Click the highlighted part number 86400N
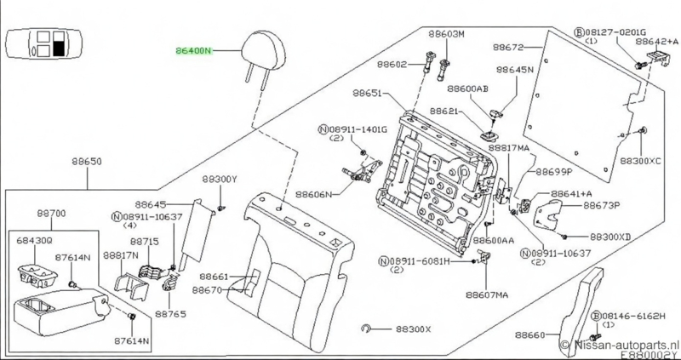pos(195,50)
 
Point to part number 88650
pos(87,163)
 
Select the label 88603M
pos(447,34)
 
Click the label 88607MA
pos(488,294)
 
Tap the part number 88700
pos(53,213)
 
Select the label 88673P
pos(602,205)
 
